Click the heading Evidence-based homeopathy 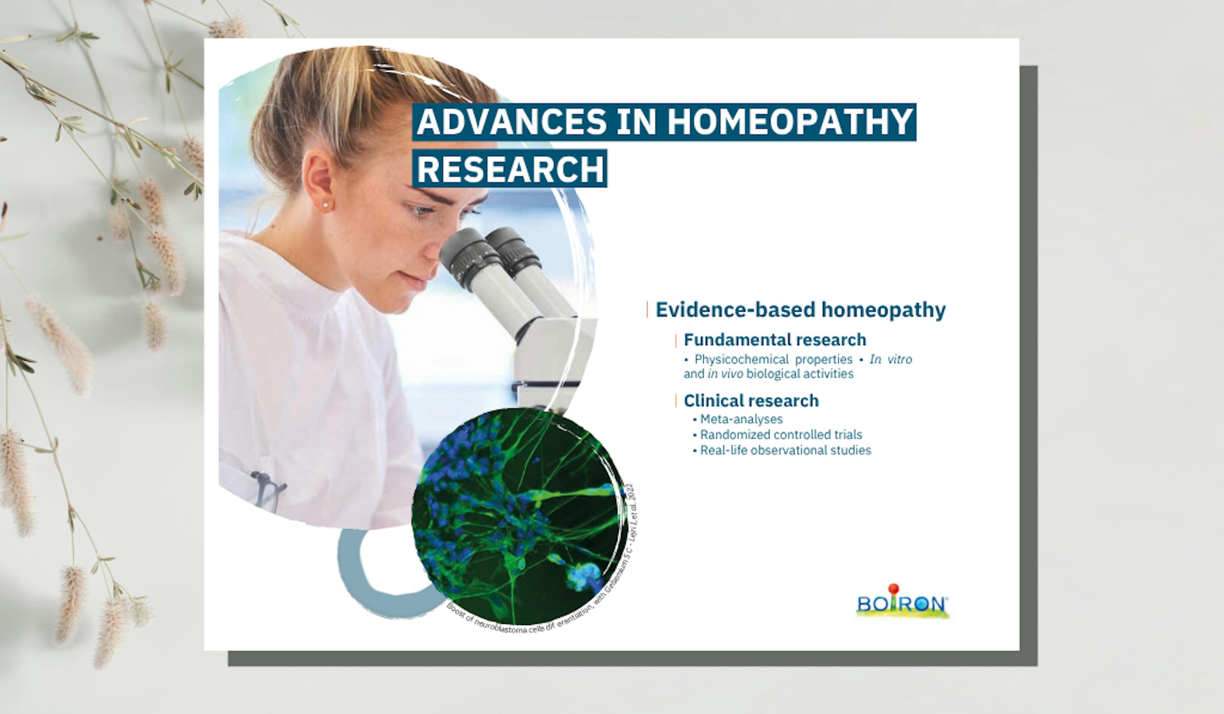pyautogui.click(x=800, y=310)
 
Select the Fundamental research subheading pyautogui.click(x=775, y=340)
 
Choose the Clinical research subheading pyautogui.click(x=751, y=401)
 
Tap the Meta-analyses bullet pyautogui.click(x=741, y=419)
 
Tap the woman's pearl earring pyautogui.click(x=325, y=206)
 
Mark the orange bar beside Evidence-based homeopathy pyautogui.click(x=647, y=310)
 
